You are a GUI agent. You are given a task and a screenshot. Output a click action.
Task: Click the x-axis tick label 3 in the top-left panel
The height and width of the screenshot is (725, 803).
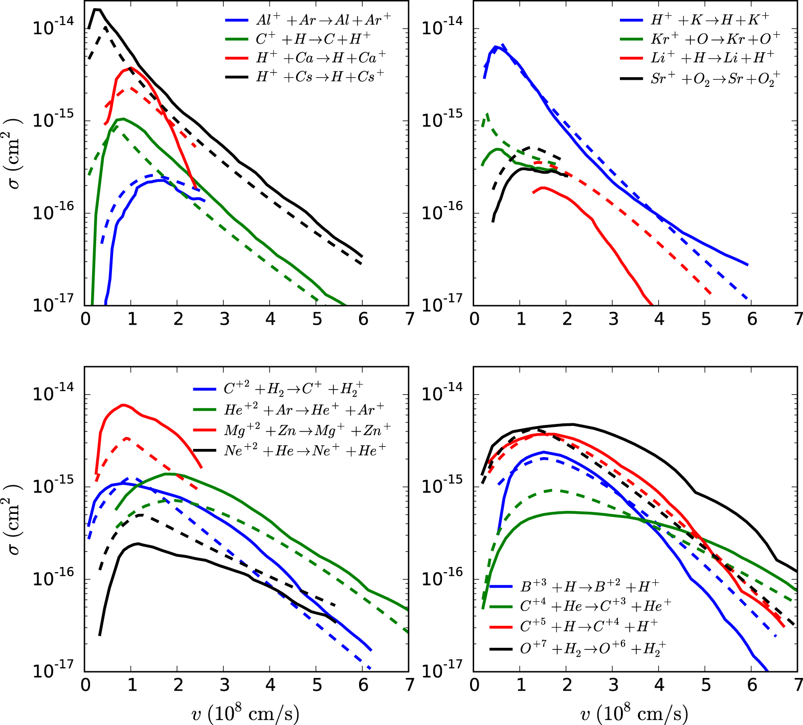pos(224,320)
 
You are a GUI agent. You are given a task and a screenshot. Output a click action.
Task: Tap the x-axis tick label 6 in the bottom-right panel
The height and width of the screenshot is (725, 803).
pos(751,685)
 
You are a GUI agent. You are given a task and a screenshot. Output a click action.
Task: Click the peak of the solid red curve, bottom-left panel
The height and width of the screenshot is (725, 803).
pos(123,405)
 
